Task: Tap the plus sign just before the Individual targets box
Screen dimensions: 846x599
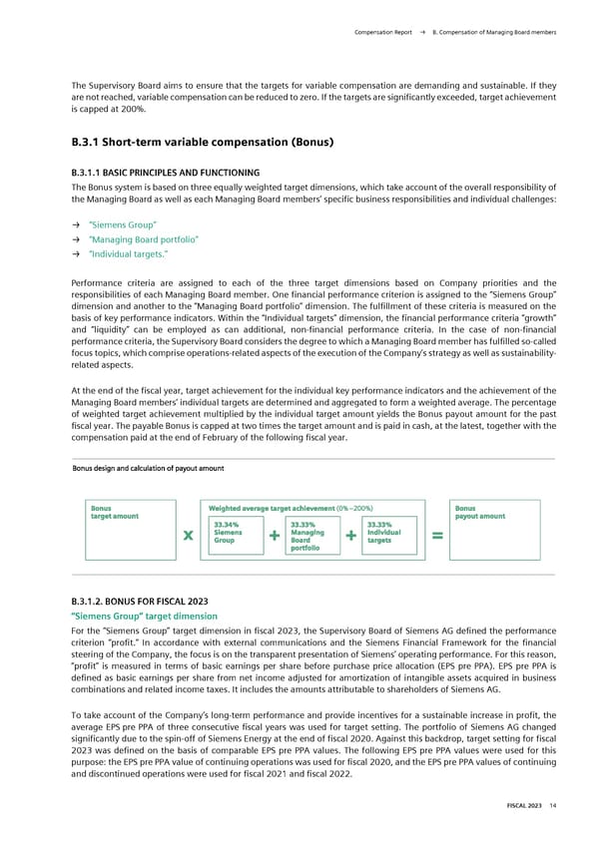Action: [349, 537]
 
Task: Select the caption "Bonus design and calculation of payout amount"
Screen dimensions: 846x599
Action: [148, 469]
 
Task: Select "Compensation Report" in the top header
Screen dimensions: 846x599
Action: [384, 33]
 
